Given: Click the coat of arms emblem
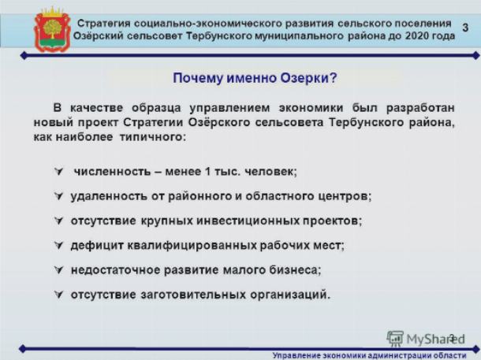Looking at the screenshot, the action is click(53, 30).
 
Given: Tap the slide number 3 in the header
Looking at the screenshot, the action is click(465, 28).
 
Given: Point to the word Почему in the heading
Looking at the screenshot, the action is click(198, 78).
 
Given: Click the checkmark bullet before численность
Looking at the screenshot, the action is click(58, 171).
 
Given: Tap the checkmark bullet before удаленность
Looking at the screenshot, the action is click(58, 196).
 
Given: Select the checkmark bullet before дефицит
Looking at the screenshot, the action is click(58, 245).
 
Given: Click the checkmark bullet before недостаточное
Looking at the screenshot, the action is click(58, 269).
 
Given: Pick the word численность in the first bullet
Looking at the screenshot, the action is click(112, 171).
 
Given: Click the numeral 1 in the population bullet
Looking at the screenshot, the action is click(207, 171).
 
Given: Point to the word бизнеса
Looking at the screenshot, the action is click(293, 270).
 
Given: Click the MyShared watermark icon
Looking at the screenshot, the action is click(395, 338).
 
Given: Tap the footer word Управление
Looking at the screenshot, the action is click(292, 356).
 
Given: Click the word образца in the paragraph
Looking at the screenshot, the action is click(156, 108).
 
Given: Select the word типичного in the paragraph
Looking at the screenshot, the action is click(151, 137).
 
